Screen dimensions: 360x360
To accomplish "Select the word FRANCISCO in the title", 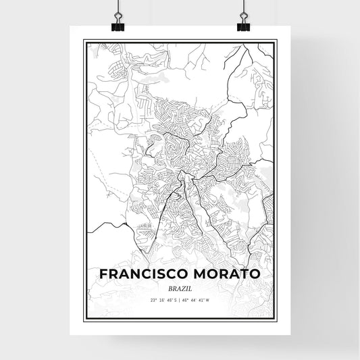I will point(141,275).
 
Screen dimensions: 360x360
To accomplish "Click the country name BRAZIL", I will point(180,288).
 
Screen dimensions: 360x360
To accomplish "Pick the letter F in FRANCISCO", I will point(103,275).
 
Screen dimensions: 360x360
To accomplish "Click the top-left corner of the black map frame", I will point(84,41).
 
